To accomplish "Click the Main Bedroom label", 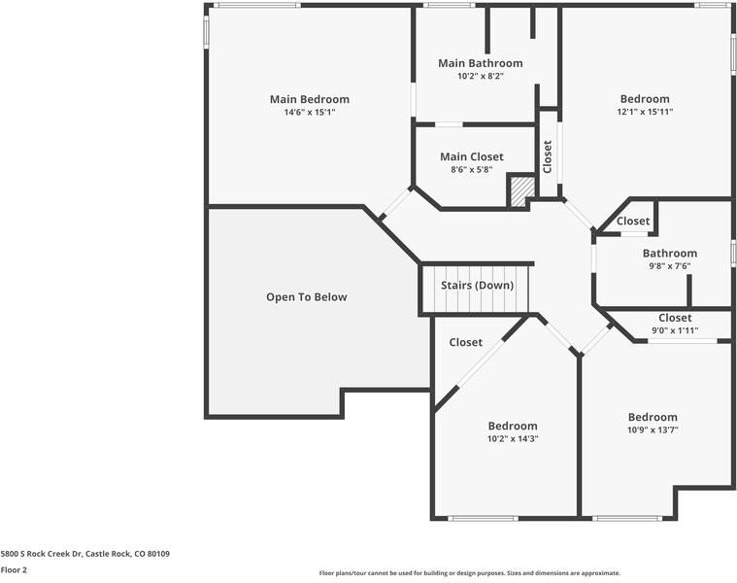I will pos(309,99).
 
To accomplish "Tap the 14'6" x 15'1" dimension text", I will pos(309,113).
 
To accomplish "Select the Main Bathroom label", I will pos(480,63).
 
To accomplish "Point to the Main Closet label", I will pos(471,156).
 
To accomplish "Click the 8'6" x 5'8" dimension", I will pos(471,169).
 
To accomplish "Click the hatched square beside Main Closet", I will pos(522,189).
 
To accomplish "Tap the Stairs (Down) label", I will pos(477,286).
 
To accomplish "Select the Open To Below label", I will pos(306,297).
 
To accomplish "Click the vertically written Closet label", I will pos(548,156).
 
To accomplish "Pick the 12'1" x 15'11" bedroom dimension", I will pos(645,113).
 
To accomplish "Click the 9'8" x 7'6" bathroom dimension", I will pos(669,266).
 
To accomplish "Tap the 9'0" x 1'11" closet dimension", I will pos(674,330).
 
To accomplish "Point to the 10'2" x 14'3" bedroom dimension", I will pos(512,438).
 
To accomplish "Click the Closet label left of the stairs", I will pos(465,342).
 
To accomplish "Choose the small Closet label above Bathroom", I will pos(633,222).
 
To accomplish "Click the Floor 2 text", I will pos(14,569).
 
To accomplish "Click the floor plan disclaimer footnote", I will pos(469,573).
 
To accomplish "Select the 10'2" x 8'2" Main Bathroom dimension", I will pos(480,76).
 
